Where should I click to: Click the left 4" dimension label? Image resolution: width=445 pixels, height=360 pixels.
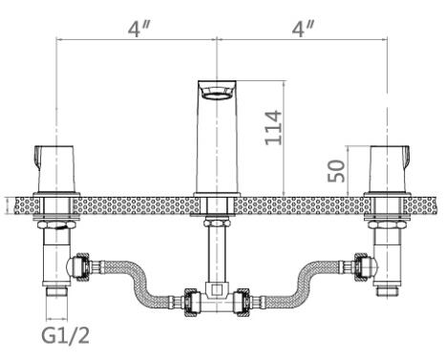pos(138,29)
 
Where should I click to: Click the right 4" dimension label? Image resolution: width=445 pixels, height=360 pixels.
pos(303,29)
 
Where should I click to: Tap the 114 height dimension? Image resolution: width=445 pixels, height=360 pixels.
pos(273,128)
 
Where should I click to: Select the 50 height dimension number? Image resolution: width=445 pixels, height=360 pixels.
pos(336,171)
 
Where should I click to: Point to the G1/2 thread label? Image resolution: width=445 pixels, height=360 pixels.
pos(66,335)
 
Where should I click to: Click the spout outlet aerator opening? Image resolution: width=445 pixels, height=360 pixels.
pos(217,94)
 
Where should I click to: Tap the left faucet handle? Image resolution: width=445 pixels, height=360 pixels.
pos(55,169)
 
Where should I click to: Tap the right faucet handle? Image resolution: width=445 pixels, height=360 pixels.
pos(389,169)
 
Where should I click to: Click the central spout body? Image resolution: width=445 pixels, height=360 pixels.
pos(217,137)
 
